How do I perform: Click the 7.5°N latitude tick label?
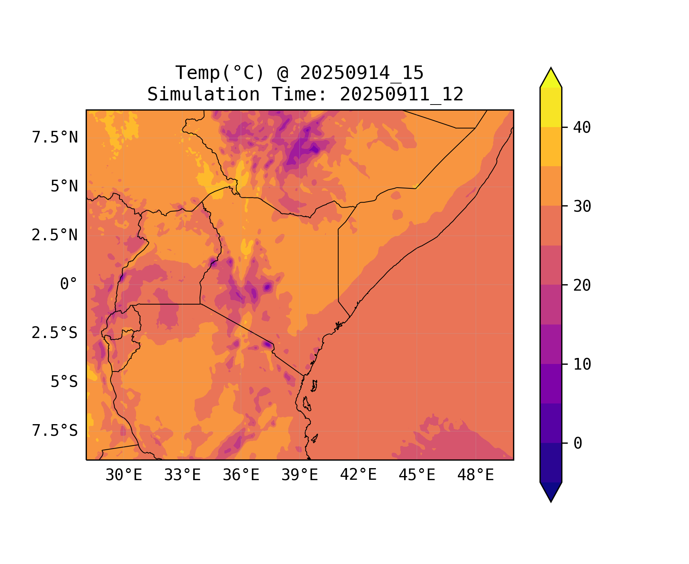(x=55, y=138)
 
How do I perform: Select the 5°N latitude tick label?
(x=64, y=186)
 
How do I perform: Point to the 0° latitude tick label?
(x=69, y=284)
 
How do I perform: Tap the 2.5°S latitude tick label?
(x=55, y=333)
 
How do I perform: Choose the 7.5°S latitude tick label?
(x=55, y=431)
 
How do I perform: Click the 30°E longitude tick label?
(x=124, y=475)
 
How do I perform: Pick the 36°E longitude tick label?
(x=241, y=475)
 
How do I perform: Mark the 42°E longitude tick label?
(x=358, y=475)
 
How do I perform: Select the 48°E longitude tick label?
(x=475, y=475)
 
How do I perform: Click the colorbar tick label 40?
(x=582, y=128)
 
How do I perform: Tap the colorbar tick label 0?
(x=578, y=444)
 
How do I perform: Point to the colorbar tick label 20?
(x=582, y=286)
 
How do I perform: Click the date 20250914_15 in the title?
(x=362, y=73)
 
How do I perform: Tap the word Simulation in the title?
(x=203, y=94)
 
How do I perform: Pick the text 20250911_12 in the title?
(x=401, y=94)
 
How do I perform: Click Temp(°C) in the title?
(x=220, y=73)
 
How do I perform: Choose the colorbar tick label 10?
(x=582, y=365)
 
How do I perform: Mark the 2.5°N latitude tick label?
(x=55, y=235)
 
